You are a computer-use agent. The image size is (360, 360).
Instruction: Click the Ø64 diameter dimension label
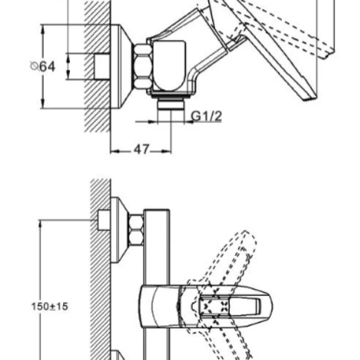point(43,66)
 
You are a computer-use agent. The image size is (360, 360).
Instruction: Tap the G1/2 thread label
point(207,116)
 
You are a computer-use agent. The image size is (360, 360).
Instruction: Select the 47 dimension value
point(141,150)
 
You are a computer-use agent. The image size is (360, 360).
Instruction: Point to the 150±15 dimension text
point(50,306)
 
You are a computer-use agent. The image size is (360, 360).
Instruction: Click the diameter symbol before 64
point(34,66)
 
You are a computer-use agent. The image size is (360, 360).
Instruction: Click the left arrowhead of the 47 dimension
point(114,151)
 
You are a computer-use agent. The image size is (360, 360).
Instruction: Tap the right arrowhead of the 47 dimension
point(167,151)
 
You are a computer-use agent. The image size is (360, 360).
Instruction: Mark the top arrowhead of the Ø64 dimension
point(43,29)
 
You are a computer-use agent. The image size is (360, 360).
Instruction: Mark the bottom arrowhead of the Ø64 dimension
point(43,104)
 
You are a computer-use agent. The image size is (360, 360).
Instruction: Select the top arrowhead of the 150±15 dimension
point(40,224)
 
